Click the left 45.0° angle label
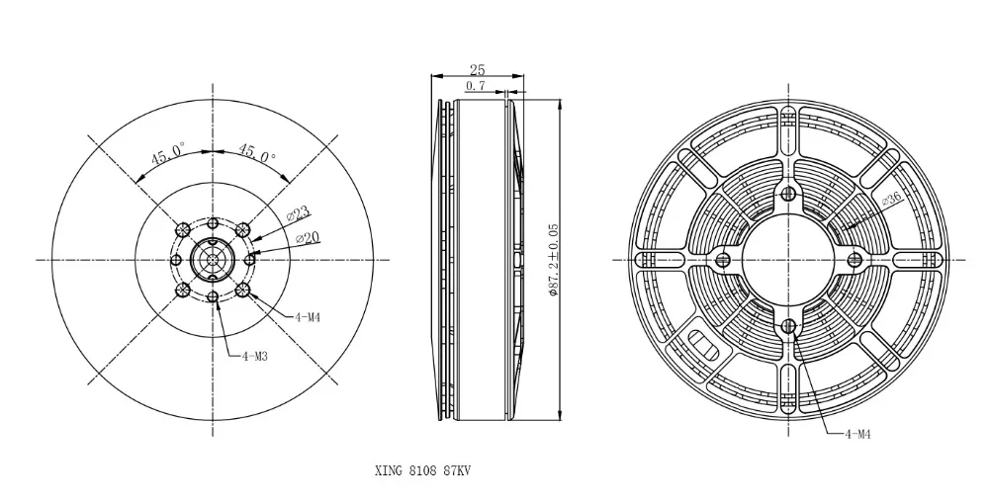[167, 154]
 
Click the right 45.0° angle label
[257, 154]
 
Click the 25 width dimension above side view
[477, 70]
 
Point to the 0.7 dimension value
[475, 87]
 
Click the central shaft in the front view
[213, 259]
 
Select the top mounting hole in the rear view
[788, 193]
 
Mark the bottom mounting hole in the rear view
[788, 326]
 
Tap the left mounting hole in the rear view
[723, 259]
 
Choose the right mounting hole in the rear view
[854, 259]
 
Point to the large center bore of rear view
[788, 259]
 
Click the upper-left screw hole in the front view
[182, 228]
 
